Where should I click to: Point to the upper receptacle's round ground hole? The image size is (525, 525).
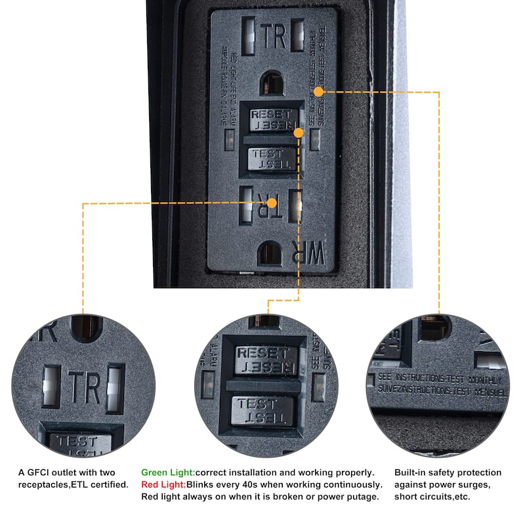tap(272, 83)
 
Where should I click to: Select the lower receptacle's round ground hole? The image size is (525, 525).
tap(270, 253)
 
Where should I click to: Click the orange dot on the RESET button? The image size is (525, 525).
tap(299, 132)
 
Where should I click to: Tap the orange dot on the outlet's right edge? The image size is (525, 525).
tap(319, 92)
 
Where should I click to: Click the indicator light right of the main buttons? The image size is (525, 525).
tap(315, 139)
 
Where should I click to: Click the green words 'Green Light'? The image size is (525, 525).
tap(168, 472)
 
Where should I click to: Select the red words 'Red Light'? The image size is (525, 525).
tap(164, 484)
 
